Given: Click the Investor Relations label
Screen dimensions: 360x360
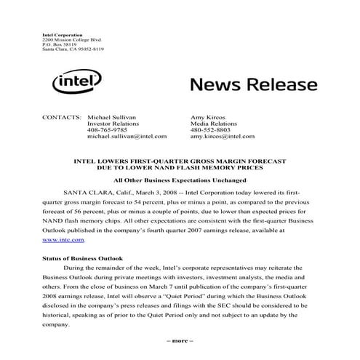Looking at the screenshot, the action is click(112, 123).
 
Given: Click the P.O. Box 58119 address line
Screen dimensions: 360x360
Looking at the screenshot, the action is click(59, 44).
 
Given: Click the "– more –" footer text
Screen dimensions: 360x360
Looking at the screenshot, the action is click(180, 340).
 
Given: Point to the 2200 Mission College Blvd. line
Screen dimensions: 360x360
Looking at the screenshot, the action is click(69, 39).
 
